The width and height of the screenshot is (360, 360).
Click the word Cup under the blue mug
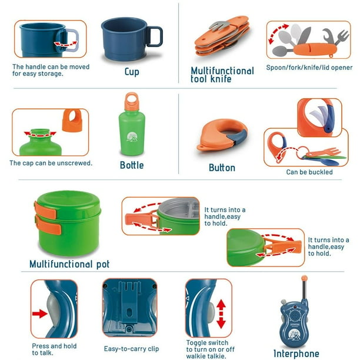132,72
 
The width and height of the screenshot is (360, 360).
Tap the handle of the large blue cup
154,36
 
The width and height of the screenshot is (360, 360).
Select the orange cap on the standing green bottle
132,102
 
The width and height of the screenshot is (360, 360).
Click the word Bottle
132,165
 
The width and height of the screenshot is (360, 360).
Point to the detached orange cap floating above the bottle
72,121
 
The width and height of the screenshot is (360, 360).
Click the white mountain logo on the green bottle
132,137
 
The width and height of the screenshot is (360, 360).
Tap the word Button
222,168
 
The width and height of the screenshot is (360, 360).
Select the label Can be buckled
309,172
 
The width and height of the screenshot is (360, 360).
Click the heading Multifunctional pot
69,264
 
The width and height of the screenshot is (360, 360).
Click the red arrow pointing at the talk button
39,314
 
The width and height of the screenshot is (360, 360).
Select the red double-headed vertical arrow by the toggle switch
221,314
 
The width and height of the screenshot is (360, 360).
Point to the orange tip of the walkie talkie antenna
304,278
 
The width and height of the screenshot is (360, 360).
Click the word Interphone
296,354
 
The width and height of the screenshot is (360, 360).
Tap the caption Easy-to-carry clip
131,349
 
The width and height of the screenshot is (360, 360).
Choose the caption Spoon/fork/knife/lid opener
309,68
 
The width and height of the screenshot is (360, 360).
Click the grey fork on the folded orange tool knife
220,26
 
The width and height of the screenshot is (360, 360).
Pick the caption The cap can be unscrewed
51,163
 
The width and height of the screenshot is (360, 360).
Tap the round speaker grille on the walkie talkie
294,315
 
